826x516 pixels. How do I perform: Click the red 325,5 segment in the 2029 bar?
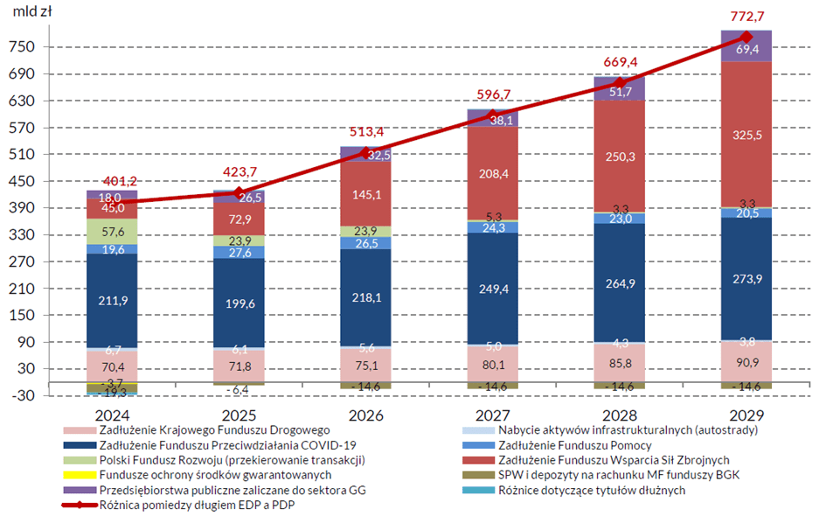coord(746,135)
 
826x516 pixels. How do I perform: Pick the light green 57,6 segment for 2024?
coord(112,231)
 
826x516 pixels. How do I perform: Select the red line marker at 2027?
coord(492,115)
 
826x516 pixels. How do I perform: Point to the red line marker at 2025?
coord(239,192)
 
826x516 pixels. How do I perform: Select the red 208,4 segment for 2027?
coord(492,174)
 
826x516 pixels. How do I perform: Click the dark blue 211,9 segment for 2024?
coord(112,301)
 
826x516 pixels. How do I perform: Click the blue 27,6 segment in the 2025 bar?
coord(239,252)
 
